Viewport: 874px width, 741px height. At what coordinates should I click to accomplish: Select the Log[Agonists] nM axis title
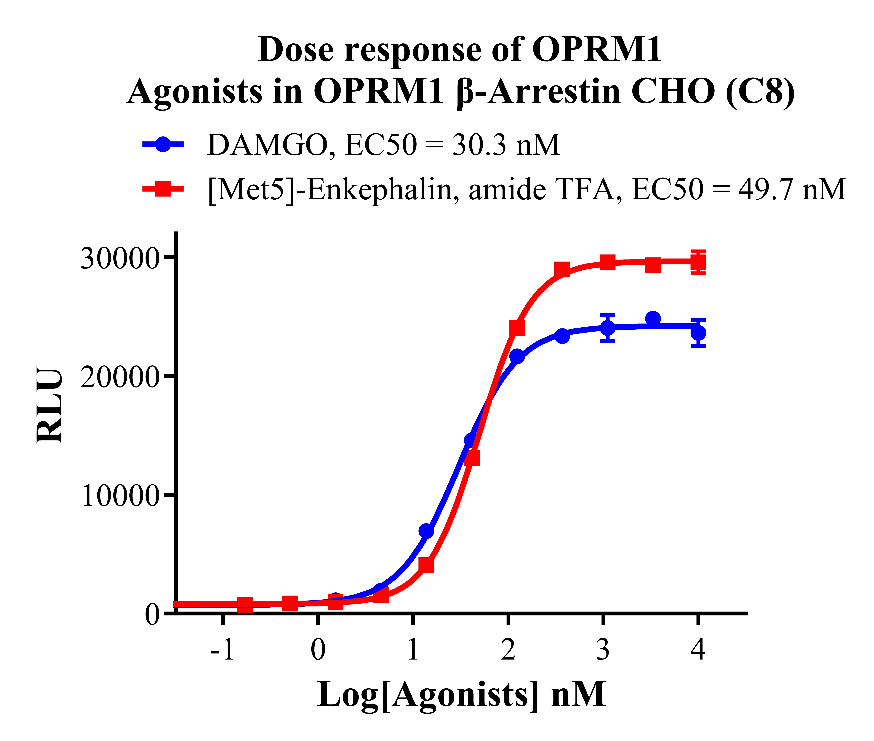pos(461,695)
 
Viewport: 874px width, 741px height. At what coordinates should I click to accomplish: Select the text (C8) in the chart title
pos(760,92)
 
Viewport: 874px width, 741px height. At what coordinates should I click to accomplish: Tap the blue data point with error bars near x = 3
pos(608,328)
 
